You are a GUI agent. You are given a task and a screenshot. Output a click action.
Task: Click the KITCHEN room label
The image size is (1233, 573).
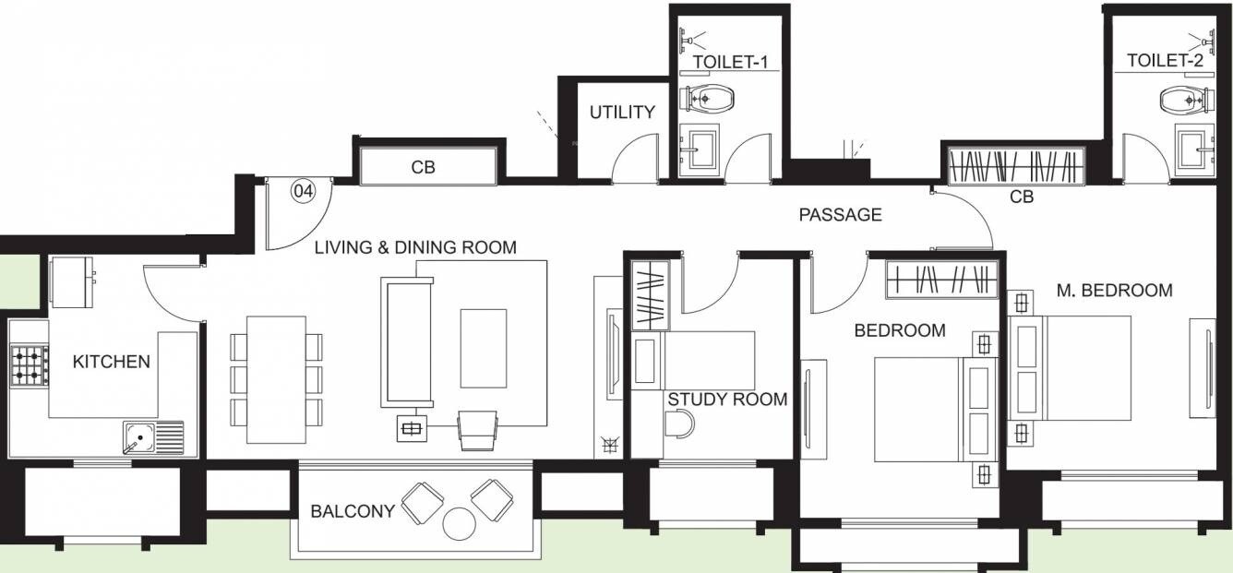coord(111,362)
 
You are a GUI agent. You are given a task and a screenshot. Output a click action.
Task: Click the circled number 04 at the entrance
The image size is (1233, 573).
coord(303,192)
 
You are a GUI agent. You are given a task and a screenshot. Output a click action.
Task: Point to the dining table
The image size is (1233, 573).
coord(276,379)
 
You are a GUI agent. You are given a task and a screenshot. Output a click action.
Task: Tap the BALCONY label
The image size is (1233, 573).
coord(353,511)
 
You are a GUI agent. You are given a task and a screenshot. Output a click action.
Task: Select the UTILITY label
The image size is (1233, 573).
coord(622,113)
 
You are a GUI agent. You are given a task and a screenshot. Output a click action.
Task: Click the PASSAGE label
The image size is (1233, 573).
coord(840,215)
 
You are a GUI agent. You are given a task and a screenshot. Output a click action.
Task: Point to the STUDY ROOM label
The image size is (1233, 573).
coord(727,400)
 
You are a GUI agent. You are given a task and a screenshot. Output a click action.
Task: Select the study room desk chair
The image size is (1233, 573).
coord(679,424)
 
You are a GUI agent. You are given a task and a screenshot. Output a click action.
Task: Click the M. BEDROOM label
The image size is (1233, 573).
coord(1114,291)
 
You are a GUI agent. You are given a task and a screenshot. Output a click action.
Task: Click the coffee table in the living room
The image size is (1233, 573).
coord(484,348)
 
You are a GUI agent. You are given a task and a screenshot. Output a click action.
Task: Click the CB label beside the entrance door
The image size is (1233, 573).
coord(424,168)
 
